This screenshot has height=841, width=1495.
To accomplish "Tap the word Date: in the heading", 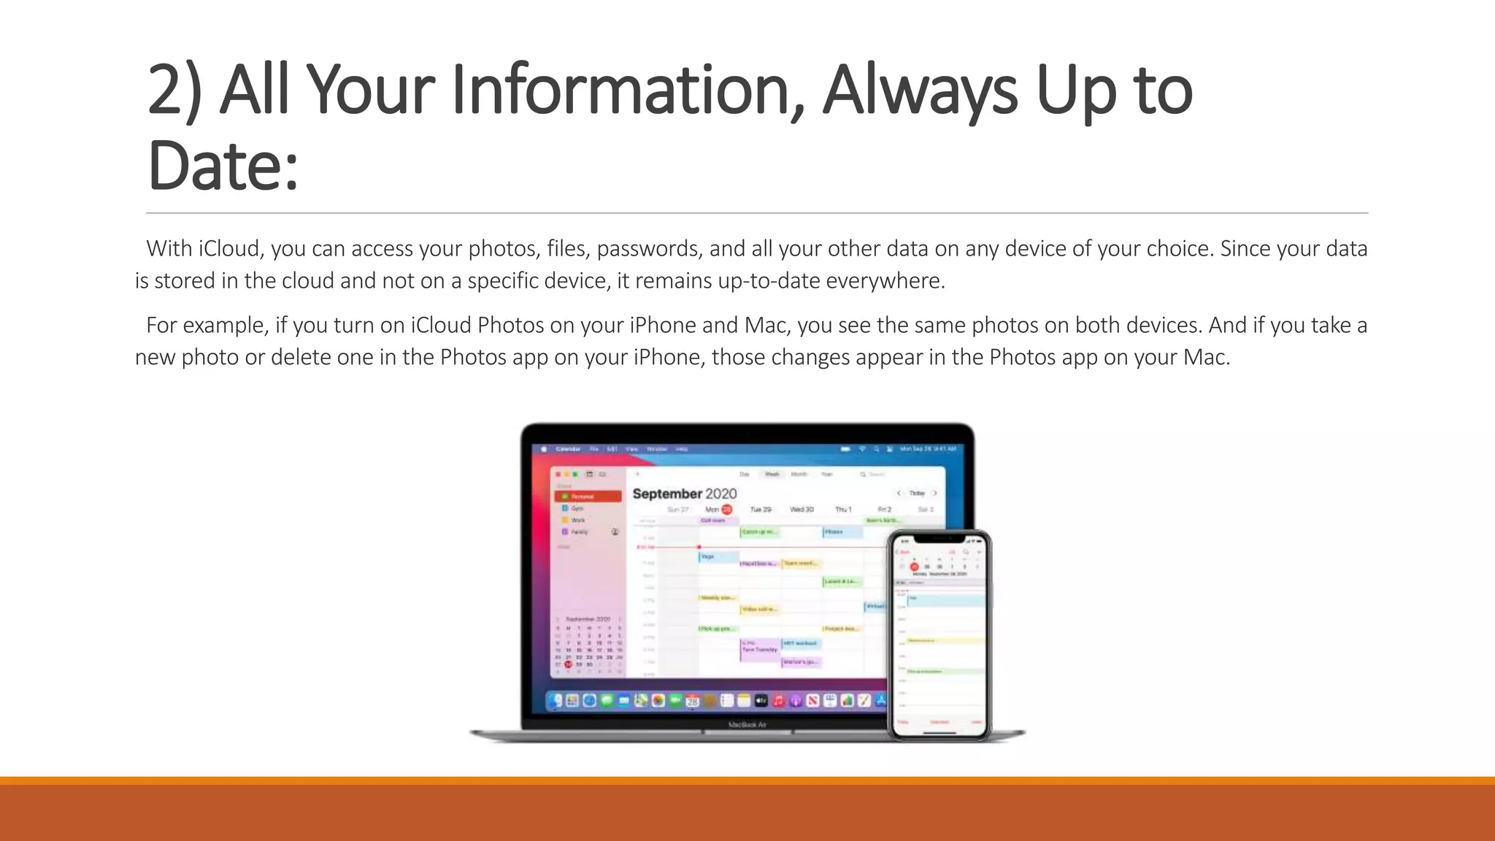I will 223,166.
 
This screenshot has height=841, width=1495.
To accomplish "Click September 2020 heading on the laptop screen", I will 684,494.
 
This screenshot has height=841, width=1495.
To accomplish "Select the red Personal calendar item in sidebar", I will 588,496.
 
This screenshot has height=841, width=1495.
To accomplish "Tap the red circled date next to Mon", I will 726,510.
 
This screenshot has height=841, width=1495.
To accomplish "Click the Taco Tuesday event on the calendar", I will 759,649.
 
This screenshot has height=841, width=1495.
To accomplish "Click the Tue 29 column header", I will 761,510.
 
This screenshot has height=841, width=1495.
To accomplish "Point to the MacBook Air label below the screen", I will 747,724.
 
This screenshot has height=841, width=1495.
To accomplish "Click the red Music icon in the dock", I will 778,701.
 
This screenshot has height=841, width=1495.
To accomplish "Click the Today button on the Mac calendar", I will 917,494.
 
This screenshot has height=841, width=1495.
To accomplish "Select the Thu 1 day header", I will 843,510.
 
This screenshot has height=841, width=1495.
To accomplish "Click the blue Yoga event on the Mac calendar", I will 718,557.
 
